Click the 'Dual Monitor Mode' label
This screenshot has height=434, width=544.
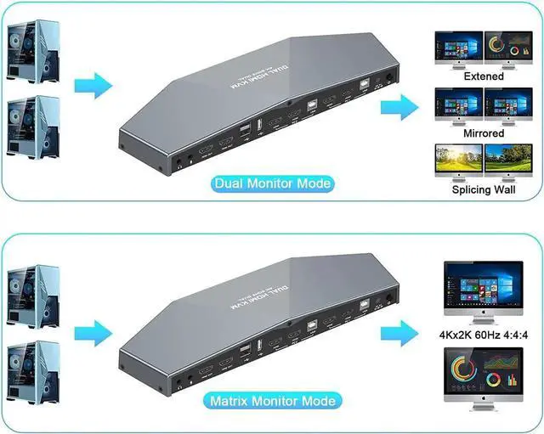pyautogui.click(x=273, y=183)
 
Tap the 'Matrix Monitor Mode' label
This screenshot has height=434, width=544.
pyautogui.click(x=272, y=400)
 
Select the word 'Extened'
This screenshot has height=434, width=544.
pyautogui.click(x=483, y=76)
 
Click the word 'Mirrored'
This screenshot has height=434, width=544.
pyautogui.click(x=483, y=133)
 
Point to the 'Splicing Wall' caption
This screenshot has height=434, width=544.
pyautogui.click(x=483, y=189)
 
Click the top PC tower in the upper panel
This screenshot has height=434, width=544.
pyautogui.click(x=34, y=50)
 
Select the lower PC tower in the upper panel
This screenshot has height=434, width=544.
pyautogui.click(x=34, y=127)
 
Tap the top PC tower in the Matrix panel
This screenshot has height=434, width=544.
pyautogui.click(x=34, y=296)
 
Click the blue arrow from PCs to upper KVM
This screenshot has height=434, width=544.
pyautogui.click(x=93, y=86)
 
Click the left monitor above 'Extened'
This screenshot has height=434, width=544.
pyautogui.click(x=458, y=49)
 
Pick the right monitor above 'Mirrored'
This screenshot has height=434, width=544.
pyautogui.click(x=507, y=104)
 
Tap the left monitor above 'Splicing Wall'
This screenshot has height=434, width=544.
pyautogui.click(x=458, y=161)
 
